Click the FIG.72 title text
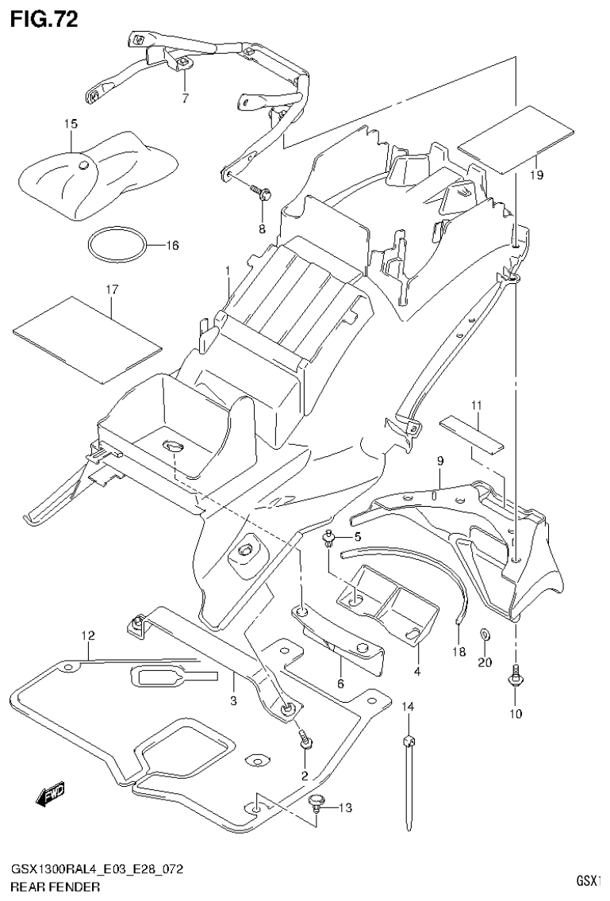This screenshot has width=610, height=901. pyautogui.click(x=44, y=19)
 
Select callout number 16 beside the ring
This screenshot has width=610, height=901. pyautogui.click(x=171, y=245)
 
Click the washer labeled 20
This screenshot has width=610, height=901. pyautogui.click(x=484, y=635)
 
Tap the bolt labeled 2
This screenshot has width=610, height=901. pyautogui.click(x=305, y=740)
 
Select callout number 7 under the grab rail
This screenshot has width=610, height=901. pyautogui.click(x=185, y=98)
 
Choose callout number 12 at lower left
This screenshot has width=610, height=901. pyautogui.click(x=87, y=636)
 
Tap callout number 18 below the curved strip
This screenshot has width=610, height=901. pyautogui.click(x=458, y=651)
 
